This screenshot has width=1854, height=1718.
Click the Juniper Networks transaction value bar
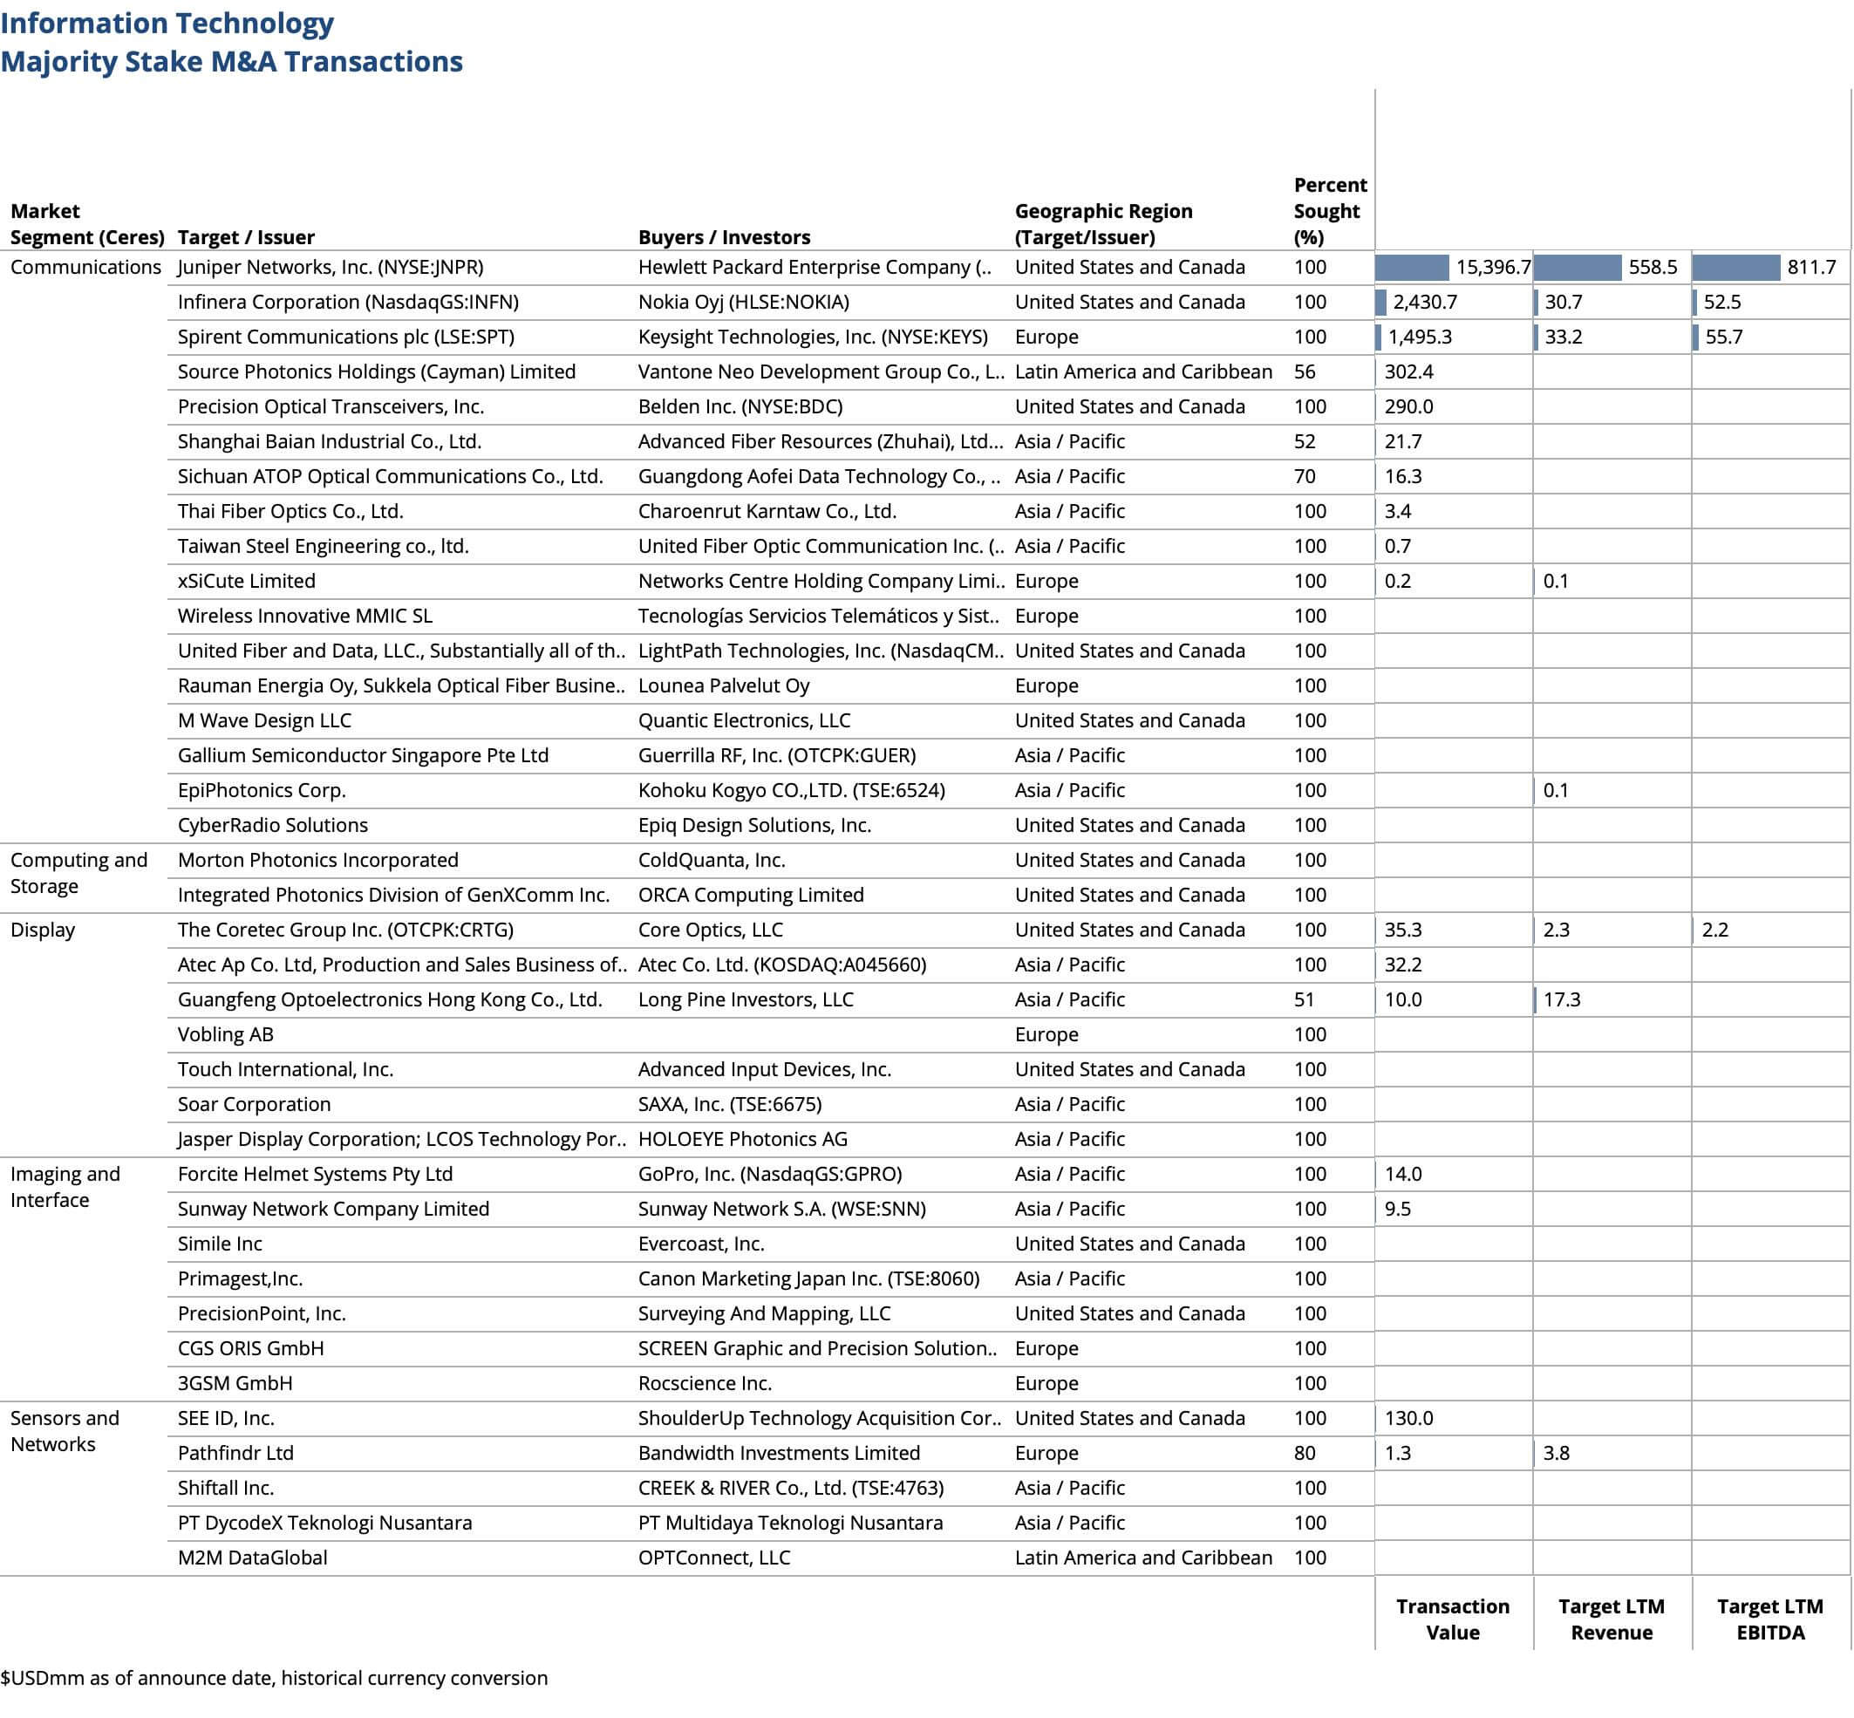point(1410,268)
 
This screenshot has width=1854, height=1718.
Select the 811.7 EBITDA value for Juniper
point(1810,268)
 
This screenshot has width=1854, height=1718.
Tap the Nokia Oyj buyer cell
point(743,302)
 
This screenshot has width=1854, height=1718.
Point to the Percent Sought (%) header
point(1329,211)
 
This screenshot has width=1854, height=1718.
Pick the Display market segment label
point(43,930)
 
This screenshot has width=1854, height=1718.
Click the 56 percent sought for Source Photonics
point(1305,372)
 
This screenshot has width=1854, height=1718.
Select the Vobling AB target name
point(225,1034)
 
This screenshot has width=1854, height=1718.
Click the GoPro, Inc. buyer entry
point(769,1174)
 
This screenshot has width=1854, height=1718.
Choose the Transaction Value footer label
point(1452,1619)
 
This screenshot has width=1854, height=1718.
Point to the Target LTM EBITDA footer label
point(1769,1619)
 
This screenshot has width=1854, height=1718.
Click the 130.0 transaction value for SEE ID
point(1408,1418)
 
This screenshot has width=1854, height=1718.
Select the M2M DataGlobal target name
point(252,1558)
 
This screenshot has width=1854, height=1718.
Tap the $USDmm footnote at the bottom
point(275,1677)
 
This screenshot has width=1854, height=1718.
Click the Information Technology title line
point(167,24)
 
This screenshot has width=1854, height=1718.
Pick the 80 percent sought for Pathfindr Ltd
point(1305,1453)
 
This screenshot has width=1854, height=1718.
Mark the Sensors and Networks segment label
point(65,1431)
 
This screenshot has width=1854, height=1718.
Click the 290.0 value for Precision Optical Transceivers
point(1408,407)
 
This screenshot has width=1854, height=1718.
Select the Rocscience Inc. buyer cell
point(704,1383)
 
